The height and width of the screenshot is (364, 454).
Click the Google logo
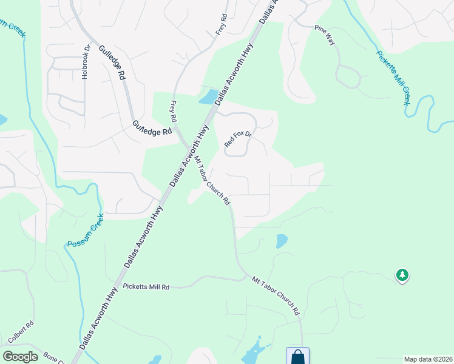[20, 356]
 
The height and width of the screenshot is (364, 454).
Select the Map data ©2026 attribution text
[427, 359]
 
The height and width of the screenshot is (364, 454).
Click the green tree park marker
[402, 275]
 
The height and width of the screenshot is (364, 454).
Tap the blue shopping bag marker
[298, 356]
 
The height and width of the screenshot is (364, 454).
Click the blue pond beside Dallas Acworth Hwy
[208, 96]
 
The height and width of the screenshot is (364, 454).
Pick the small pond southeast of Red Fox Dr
[282, 241]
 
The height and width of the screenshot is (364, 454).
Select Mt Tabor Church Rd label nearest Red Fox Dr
[212, 181]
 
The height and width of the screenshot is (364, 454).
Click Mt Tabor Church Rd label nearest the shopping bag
[276, 295]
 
